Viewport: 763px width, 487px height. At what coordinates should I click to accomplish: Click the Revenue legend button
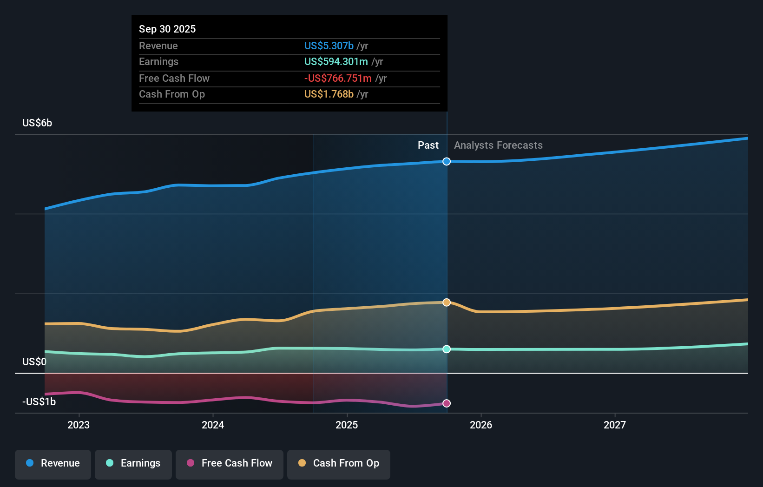53,463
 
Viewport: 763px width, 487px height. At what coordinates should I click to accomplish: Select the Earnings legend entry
133,463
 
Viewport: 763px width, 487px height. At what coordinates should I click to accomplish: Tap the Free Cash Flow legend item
230,463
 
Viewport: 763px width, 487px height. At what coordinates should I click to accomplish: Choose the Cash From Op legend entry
339,463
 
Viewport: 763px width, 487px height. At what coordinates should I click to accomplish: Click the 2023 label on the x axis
79,425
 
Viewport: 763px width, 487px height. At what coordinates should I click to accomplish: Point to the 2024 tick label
213,425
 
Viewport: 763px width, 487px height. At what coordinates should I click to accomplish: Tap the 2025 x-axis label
347,425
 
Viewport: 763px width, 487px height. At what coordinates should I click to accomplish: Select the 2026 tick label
481,425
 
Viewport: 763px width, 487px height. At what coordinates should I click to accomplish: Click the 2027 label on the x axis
615,425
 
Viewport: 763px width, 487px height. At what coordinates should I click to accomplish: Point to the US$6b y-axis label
37,123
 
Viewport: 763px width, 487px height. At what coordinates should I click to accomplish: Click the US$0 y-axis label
34,362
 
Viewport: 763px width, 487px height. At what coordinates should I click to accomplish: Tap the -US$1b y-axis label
39,401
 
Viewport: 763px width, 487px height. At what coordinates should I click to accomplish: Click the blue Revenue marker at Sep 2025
447,162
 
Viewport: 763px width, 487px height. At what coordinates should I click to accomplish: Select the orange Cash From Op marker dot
447,303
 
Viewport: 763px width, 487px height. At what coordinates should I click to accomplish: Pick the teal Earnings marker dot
447,349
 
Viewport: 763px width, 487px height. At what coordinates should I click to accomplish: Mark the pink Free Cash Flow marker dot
447,403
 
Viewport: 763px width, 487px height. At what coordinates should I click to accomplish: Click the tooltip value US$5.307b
329,46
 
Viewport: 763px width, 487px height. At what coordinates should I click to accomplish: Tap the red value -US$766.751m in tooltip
338,79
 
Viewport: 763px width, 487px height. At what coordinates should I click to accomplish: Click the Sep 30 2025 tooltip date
167,29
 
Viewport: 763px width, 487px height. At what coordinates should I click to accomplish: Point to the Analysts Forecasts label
498,145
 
